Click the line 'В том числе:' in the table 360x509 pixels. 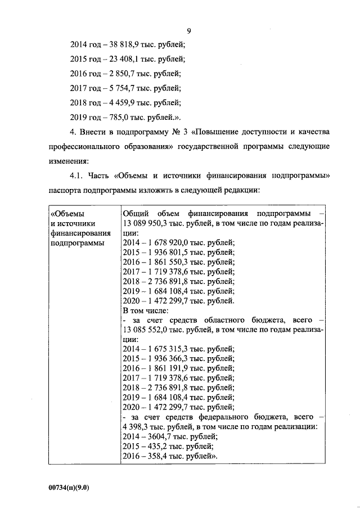143,310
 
